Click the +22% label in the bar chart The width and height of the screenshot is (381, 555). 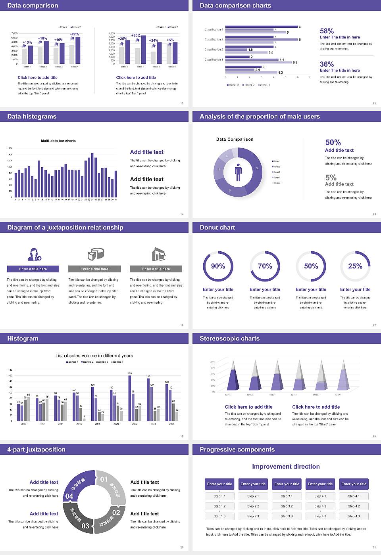(x=74, y=34)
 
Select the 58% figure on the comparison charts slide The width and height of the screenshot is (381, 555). (x=327, y=31)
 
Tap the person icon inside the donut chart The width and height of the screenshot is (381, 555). (x=238, y=172)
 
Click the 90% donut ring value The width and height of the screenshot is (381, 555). (x=218, y=266)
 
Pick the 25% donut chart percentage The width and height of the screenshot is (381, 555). (x=355, y=266)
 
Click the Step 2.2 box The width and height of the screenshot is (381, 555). (x=253, y=506)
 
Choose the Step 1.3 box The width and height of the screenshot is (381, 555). (x=219, y=516)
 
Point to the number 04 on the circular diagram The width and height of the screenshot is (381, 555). (x=69, y=496)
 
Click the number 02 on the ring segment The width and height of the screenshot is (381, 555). (x=116, y=513)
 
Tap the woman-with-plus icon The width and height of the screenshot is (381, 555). (x=34, y=254)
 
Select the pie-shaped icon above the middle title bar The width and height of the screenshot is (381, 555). (x=96, y=254)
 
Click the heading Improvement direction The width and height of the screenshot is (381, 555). (x=286, y=467)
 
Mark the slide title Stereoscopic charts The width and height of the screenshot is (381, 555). (x=229, y=339)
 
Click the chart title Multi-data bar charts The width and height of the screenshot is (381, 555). (x=58, y=141)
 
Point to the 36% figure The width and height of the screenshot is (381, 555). (x=327, y=64)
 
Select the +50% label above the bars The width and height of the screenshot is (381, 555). (x=136, y=36)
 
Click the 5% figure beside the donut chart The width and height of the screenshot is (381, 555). (x=331, y=178)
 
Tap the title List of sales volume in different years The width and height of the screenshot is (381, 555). (x=94, y=356)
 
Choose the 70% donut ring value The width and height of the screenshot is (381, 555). (x=265, y=266)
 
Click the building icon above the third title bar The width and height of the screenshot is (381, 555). (x=158, y=254)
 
